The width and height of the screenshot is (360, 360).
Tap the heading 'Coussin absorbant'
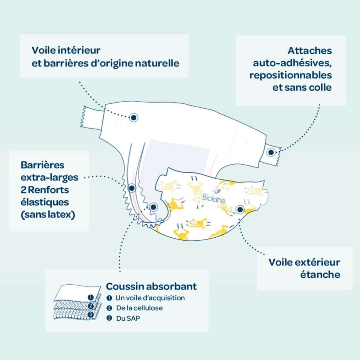click(x=151, y=286)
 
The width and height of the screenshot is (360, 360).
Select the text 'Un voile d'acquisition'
click(x=150, y=298)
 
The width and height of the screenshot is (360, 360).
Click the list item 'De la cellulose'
click(x=139, y=308)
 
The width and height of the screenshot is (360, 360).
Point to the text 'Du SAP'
click(x=128, y=318)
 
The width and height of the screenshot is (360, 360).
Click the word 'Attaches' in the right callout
click(x=309, y=51)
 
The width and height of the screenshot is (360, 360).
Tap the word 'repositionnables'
click(x=290, y=75)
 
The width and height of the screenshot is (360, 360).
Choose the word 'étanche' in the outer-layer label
click(x=320, y=274)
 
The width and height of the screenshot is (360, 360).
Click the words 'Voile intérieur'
click(x=66, y=50)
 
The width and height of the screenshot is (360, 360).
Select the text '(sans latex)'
click(x=48, y=214)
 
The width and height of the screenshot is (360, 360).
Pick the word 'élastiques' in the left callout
click(x=45, y=202)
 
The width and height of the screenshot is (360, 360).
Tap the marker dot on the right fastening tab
click(x=271, y=152)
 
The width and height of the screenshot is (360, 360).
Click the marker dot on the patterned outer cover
click(x=240, y=209)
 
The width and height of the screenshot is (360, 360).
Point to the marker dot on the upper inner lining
click(x=133, y=117)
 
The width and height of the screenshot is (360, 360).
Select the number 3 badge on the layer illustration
click(x=91, y=314)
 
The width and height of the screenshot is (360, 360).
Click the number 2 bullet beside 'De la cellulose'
click(x=110, y=308)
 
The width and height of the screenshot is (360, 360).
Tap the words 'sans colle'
click(x=315, y=87)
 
